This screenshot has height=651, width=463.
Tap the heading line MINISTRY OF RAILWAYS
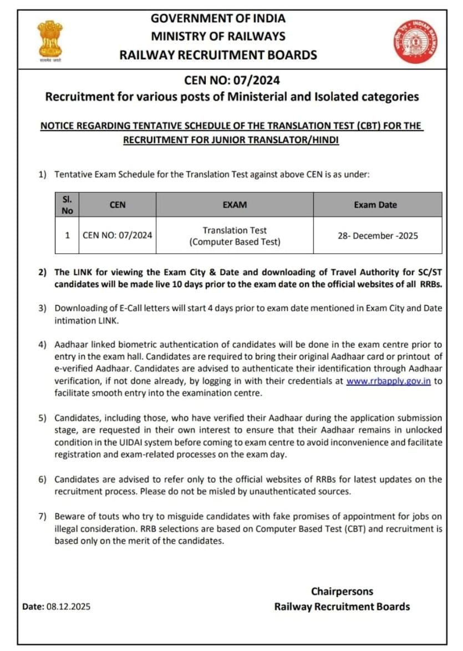coord(218,36)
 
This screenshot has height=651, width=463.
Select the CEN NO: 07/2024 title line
coord(232,81)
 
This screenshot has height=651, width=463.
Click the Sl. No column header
coord(67,204)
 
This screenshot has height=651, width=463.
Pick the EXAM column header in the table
coord(235,205)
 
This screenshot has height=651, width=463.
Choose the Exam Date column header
coord(375,205)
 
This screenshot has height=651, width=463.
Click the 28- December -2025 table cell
coord(378,235)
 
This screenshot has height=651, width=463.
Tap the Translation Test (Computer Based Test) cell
coord(235,235)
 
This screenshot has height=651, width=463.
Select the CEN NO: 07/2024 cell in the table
coord(118,235)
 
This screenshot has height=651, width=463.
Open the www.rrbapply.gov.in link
coord(389,381)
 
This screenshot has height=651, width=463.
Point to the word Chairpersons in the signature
coord(342,591)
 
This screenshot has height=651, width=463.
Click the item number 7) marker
coord(43,516)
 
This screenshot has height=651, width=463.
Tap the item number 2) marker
coord(43,272)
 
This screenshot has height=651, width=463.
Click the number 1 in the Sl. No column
coord(67,235)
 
